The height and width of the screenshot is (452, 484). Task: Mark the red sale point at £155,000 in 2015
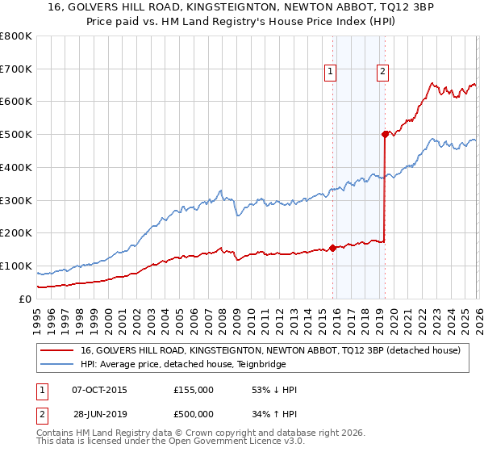332,248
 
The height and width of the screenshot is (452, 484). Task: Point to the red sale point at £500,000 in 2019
385,135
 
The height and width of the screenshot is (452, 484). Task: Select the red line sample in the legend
58,350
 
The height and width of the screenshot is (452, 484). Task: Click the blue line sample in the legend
58,363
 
